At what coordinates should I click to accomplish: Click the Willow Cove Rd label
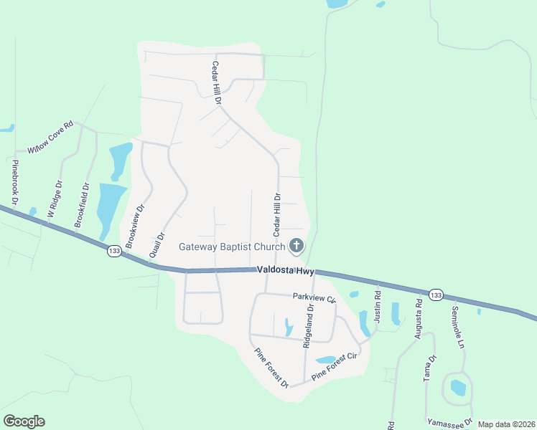(x=50, y=138)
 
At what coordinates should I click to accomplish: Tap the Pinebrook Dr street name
(x=14, y=182)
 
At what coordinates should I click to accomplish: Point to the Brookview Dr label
(x=135, y=226)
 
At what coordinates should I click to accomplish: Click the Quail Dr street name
(x=157, y=244)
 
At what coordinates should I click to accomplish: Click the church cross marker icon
(x=296, y=247)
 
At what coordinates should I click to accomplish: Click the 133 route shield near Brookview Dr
(x=113, y=251)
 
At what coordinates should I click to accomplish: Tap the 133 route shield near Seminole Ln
(x=435, y=295)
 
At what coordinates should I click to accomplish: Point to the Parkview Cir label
(x=314, y=297)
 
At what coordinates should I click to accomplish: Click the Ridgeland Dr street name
(x=308, y=327)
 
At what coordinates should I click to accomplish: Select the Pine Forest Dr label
(x=271, y=368)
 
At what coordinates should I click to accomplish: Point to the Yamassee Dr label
(x=449, y=421)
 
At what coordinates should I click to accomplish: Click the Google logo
(x=24, y=421)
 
